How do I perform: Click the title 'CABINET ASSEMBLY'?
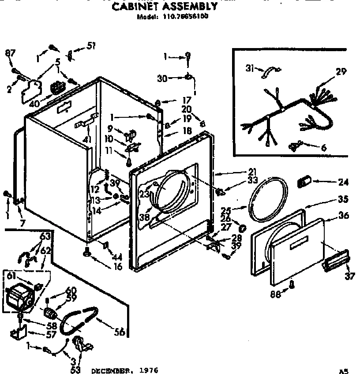164,7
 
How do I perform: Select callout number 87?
10,53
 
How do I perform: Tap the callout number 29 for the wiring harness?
341,71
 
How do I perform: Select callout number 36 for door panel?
344,216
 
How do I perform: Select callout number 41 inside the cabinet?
87,140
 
